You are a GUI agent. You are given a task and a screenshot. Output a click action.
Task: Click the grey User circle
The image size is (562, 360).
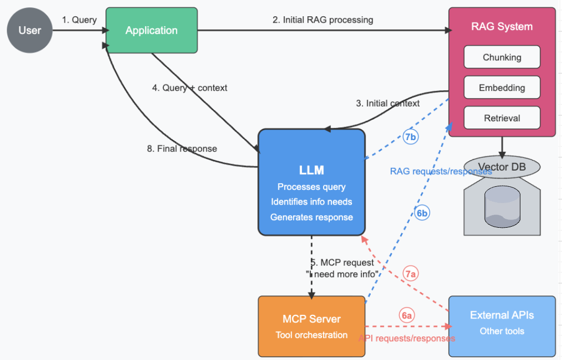pyautogui.click(x=30, y=30)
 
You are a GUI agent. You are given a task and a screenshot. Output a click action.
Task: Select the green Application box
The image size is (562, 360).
pyautogui.click(x=151, y=30)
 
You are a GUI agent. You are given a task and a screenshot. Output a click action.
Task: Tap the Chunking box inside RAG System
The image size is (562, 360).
pyautogui.click(x=502, y=57)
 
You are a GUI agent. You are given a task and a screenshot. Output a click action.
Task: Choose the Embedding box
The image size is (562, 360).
pyautogui.click(x=502, y=88)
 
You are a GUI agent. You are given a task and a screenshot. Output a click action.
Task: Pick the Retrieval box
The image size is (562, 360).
pyautogui.click(x=502, y=118)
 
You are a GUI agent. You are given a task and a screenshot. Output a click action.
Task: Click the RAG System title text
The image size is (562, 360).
pyautogui.click(x=502, y=27)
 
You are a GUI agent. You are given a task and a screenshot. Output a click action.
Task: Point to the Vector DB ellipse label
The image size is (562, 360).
pyautogui.click(x=502, y=166)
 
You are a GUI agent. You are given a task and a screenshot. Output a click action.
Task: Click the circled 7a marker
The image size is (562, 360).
pyautogui.click(x=411, y=273)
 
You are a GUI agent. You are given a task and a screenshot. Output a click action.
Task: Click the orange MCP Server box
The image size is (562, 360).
pyautogui.click(x=311, y=326)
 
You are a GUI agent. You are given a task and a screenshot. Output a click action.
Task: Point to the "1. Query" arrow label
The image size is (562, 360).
pyautogui.click(x=79, y=20)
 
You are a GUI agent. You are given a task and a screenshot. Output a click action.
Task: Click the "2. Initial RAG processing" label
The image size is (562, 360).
pyautogui.click(x=322, y=20)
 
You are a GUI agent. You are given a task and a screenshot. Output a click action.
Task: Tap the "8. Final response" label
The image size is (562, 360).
pyautogui.click(x=182, y=149)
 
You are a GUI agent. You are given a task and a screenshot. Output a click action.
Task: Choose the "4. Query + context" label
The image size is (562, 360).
pyautogui.click(x=190, y=88)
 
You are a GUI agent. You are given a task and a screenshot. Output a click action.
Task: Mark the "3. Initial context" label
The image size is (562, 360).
pyautogui.click(x=388, y=103)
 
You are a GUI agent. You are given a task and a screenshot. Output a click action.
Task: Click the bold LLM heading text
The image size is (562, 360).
pyautogui.click(x=311, y=170)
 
